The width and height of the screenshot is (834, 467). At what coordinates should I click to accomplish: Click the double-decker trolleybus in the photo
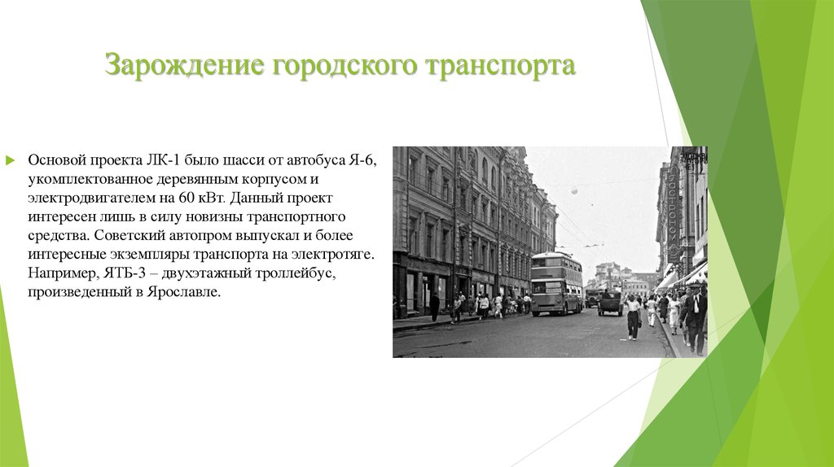click(556, 282)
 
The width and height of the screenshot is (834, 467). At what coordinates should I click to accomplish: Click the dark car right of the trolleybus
click(609, 303)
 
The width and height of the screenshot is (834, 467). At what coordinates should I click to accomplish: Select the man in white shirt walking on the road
click(633, 316)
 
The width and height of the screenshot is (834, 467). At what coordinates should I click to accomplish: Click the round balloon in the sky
click(574, 191)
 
